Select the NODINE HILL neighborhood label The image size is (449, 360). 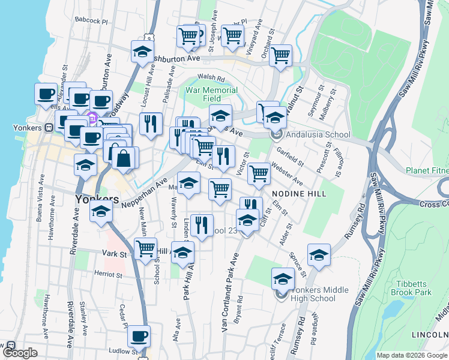(x=299, y=194)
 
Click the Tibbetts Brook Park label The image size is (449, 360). (x=414, y=288)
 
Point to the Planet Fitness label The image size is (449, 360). (x=427, y=170)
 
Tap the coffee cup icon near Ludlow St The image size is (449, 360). (x=139, y=337)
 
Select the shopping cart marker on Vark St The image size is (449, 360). (x=145, y=249)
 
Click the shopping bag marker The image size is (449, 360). (x=124, y=159)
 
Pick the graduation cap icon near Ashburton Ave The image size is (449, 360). (x=142, y=52)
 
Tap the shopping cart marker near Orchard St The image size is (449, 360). (x=280, y=56)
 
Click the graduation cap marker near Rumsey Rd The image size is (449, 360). (x=319, y=255)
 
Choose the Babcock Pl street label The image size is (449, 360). (x=91, y=20)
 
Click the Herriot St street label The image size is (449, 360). (x=108, y=275)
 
